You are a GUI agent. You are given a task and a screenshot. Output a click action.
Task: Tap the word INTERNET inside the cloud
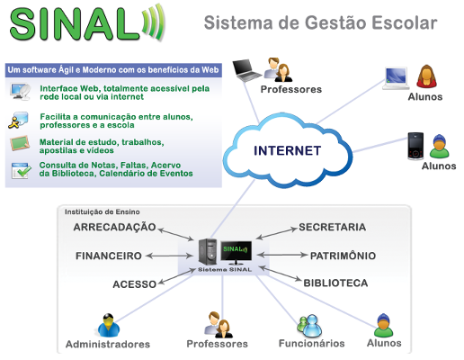(x=288, y=150)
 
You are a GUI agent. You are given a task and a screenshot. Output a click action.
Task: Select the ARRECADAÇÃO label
(x=114, y=227)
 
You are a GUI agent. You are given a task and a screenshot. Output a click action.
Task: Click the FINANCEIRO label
(x=109, y=256)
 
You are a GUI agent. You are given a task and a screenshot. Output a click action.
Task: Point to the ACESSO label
(x=135, y=284)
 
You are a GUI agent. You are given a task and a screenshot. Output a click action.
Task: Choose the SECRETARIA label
(x=333, y=227)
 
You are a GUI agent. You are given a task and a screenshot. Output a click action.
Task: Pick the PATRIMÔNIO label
(x=343, y=256)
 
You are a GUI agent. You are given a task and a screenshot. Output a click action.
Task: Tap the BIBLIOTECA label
(x=335, y=283)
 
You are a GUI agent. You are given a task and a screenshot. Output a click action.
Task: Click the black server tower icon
(x=208, y=252)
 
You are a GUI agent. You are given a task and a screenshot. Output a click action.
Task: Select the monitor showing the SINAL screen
(x=236, y=252)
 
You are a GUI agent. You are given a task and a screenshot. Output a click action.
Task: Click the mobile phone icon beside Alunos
(x=415, y=146)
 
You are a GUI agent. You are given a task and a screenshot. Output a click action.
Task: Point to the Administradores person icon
(x=109, y=326)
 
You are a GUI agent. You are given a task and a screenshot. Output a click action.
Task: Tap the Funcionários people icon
(x=309, y=326)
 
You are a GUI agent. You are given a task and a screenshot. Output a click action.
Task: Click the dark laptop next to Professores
(x=246, y=70)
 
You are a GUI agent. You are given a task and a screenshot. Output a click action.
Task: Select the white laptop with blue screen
(x=397, y=78)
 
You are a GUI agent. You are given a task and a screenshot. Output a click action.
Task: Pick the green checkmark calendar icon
(x=21, y=171)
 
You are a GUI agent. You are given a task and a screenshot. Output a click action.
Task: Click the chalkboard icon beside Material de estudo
(x=20, y=143)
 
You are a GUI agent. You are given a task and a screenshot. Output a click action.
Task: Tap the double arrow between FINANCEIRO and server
(x=169, y=256)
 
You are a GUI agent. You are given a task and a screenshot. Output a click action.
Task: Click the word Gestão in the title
(x=335, y=22)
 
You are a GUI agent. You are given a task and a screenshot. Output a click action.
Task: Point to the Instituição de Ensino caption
(x=103, y=211)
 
